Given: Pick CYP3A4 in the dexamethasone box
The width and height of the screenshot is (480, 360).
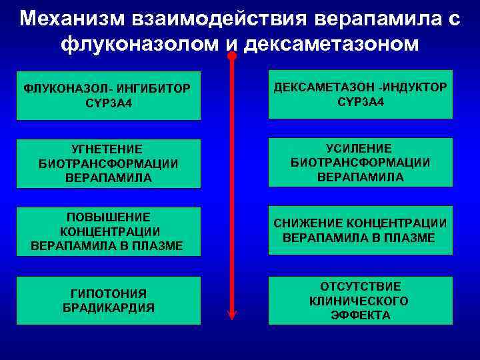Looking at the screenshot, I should click(x=360, y=102).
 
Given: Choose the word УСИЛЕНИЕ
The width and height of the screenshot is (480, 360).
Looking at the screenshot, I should click(x=360, y=147).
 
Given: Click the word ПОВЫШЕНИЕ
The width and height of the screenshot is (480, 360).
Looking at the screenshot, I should click(x=108, y=217).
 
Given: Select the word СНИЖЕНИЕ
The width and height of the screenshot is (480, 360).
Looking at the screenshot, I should click(x=305, y=223).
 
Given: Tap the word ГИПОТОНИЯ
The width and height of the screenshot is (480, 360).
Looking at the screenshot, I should click(x=108, y=293).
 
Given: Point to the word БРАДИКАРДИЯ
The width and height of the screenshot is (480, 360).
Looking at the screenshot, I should click(x=108, y=307).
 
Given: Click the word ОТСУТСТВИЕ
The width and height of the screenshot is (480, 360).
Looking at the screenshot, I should click(x=360, y=287).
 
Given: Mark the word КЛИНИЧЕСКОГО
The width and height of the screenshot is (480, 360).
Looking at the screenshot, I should click(x=360, y=301).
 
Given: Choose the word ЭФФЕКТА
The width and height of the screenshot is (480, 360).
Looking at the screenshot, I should click(x=360, y=315).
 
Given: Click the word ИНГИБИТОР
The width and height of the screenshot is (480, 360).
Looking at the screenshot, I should click(x=155, y=88).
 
